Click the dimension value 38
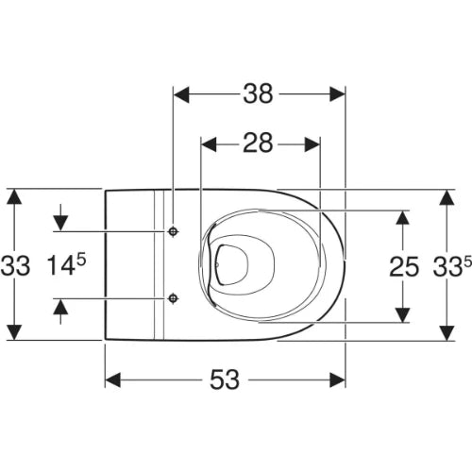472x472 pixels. click(x=258, y=93)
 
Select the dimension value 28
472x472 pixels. click(x=258, y=143)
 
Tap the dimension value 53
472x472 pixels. click(x=225, y=379)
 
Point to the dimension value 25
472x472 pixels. click(x=404, y=266)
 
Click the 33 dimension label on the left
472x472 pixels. click(x=15, y=266)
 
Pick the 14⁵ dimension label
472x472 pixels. click(x=66, y=264)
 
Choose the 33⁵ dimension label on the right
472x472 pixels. click(x=452, y=265)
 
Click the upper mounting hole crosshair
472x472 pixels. click(x=173, y=231)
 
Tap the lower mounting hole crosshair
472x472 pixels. click(x=173, y=298)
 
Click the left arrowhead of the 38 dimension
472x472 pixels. click(x=181, y=93)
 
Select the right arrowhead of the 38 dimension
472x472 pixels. click(x=337, y=93)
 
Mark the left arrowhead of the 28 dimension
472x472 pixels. click(x=209, y=144)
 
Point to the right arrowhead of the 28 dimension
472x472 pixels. click(x=312, y=144)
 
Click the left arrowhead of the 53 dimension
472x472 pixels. click(x=112, y=379)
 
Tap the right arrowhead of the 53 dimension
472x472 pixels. click(x=337, y=379)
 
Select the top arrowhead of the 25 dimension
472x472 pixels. click(x=402, y=217)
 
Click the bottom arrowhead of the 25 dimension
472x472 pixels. click(x=402, y=314)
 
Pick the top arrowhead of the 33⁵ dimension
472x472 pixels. click(x=447, y=197)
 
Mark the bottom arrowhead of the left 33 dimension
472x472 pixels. click(x=14, y=332)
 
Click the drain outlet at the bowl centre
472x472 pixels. click(x=231, y=265)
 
